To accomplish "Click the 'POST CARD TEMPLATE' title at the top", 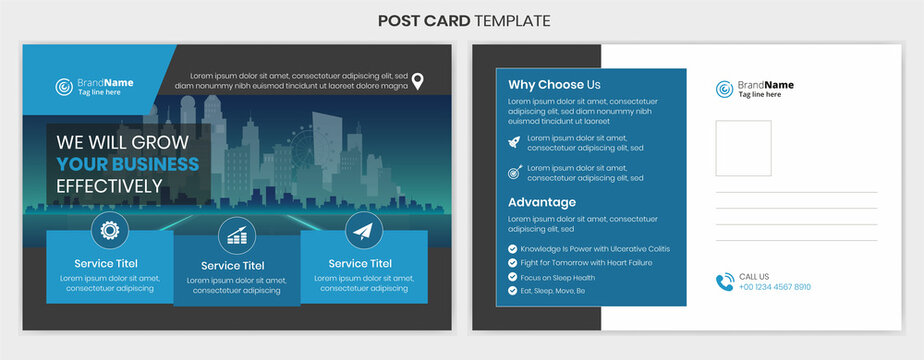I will [x=463, y=20].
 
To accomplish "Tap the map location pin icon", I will [x=419, y=81].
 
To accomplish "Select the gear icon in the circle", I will [x=110, y=230].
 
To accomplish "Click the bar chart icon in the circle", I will [x=237, y=235].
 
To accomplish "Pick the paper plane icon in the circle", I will [x=363, y=231].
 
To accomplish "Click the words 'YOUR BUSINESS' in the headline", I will [x=128, y=164].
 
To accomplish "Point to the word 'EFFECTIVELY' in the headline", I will [x=109, y=186].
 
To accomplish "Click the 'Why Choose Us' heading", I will [x=554, y=85].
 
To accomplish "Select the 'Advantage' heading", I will [x=542, y=202].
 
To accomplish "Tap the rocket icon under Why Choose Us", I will [x=514, y=142].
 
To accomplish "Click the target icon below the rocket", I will [x=514, y=172].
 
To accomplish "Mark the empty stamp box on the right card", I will [x=743, y=148].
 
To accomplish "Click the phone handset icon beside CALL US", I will [x=724, y=282].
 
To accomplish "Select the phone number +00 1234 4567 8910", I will [x=775, y=287].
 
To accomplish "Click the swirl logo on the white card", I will [x=724, y=89].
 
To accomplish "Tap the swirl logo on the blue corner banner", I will [x=64, y=87].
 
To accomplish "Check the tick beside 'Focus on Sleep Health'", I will [x=513, y=277].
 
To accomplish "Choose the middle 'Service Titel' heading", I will [x=234, y=266].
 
